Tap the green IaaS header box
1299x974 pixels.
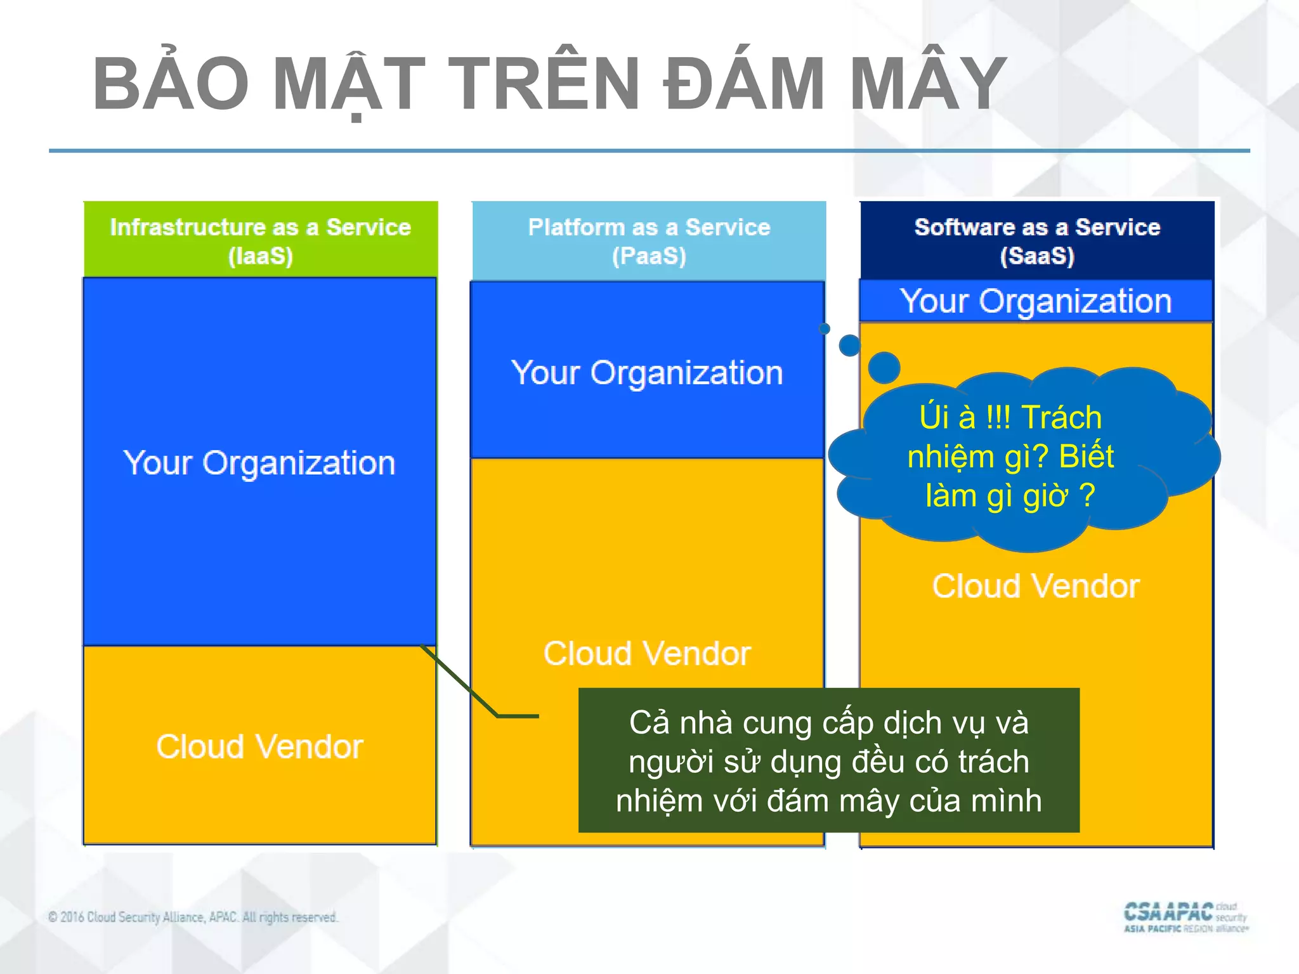coord(260,240)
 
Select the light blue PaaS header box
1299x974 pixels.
coord(649,241)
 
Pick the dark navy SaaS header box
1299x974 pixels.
coord(1037,240)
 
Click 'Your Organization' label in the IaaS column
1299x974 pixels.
coord(259,463)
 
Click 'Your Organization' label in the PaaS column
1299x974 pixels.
coord(647,373)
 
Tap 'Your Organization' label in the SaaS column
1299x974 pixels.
coord(1036,301)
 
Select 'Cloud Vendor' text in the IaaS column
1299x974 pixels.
coord(259,746)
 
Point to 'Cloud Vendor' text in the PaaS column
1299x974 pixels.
coord(647,653)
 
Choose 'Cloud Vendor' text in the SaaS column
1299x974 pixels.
coord(1036,586)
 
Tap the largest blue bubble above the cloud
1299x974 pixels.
coord(884,367)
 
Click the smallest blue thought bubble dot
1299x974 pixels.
coord(825,328)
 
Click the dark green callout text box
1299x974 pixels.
coord(828,760)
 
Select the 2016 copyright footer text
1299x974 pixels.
coord(193,917)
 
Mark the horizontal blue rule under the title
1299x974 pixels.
coord(649,151)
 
